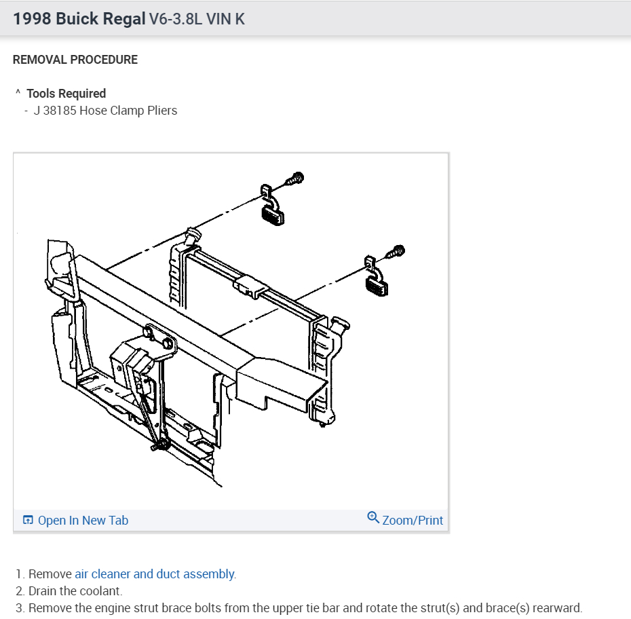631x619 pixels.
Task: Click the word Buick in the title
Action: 77,18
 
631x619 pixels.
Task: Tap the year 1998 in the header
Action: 32,18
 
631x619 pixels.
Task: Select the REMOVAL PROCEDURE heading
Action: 75,60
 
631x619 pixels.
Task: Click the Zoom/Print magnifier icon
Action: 372,518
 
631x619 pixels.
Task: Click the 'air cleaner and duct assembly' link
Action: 155,574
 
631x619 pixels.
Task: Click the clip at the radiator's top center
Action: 248,286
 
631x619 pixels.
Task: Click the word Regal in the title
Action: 123,18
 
